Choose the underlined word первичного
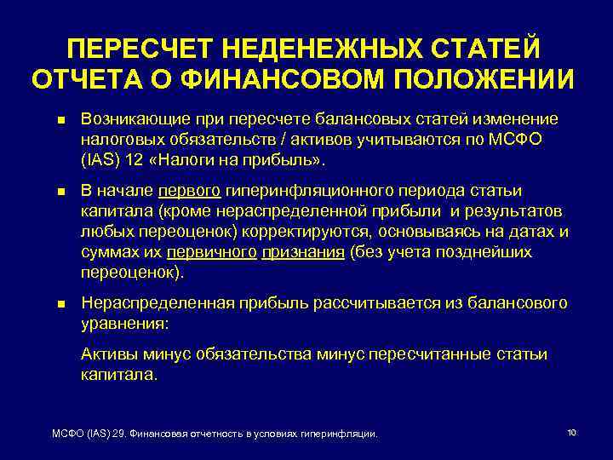pos(212,252)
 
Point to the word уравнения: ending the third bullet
pos(124,325)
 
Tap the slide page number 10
pos(571,433)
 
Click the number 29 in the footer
pos(119,434)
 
